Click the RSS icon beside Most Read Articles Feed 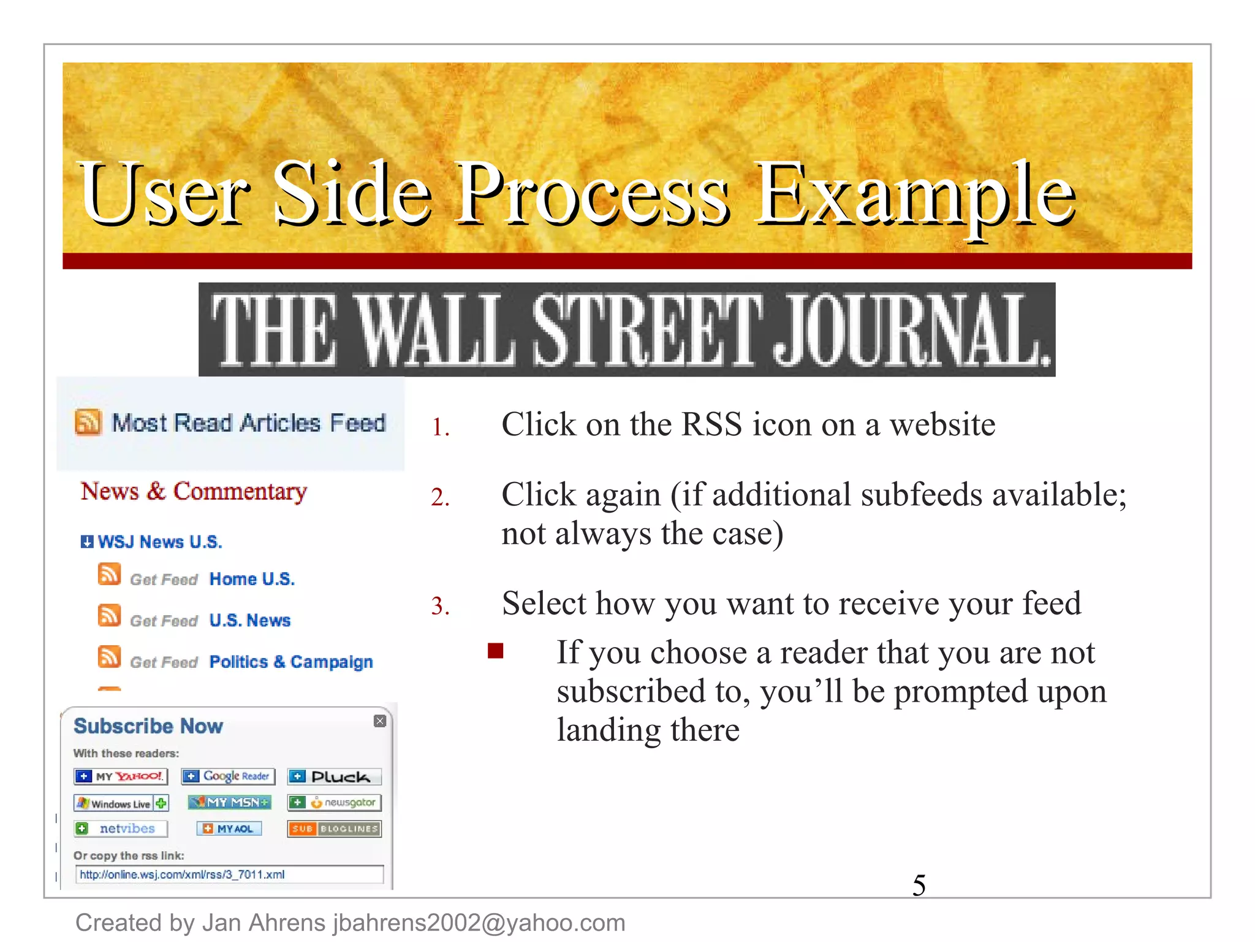(88, 423)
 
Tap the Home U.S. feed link (252, 579)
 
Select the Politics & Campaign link (291, 662)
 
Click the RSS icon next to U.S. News (109, 616)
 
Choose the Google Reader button (228, 776)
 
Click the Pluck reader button (335, 777)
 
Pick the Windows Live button (121, 803)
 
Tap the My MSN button (229, 802)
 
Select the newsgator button (335, 803)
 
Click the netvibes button (120, 829)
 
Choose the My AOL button (229, 829)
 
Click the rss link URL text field (229, 875)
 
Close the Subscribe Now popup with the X (380, 721)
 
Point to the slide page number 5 (919, 885)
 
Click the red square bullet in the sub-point (495, 651)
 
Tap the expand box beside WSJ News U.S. (87, 542)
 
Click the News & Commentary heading (194, 491)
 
